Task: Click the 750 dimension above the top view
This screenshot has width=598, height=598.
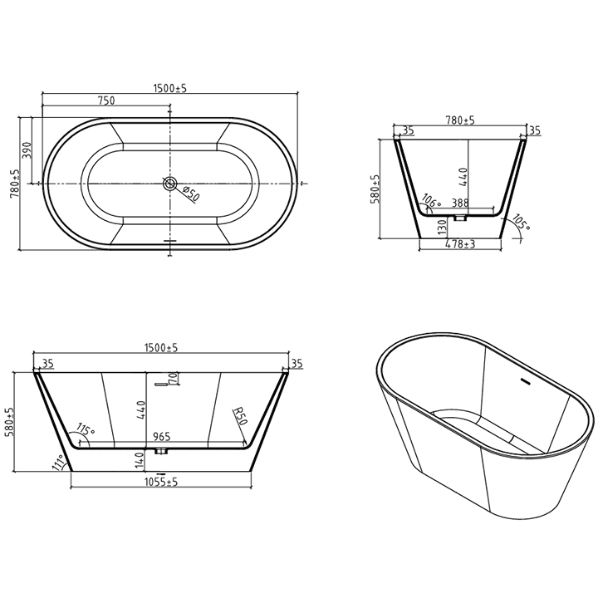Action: click(x=105, y=100)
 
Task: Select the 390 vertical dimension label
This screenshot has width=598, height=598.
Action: click(x=27, y=149)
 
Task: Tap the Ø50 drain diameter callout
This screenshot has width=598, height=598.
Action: click(x=190, y=195)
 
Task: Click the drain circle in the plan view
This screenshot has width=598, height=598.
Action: click(x=170, y=183)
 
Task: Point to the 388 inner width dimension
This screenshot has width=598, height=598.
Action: click(x=459, y=203)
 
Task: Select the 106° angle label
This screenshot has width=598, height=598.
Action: click(x=431, y=199)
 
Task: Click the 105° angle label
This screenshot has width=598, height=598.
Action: click(x=521, y=223)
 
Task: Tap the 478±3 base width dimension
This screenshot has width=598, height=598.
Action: click(x=459, y=244)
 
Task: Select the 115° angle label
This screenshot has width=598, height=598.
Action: click(x=85, y=431)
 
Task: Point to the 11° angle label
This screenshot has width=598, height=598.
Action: click(x=57, y=463)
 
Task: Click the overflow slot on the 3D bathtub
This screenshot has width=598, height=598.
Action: click(x=523, y=382)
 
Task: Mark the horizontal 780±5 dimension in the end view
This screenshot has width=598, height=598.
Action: click(x=459, y=120)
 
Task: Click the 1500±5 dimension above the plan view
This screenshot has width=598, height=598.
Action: click(x=169, y=88)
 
